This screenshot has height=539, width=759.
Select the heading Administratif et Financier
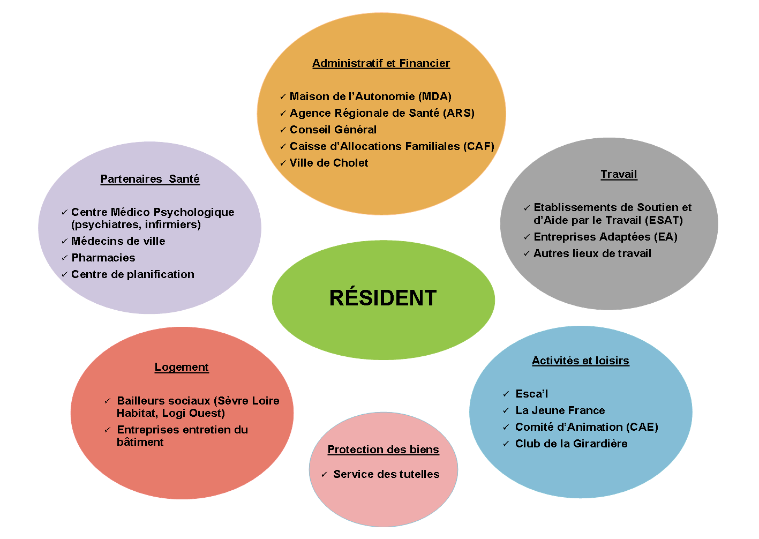pyautogui.click(x=381, y=63)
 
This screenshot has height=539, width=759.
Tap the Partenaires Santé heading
pyautogui.click(x=150, y=178)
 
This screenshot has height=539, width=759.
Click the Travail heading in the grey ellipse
pyautogui.click(x=619, y=174)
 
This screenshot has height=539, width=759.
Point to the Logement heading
pyautogui.click(x=182, y=367)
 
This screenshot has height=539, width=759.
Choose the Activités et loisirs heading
pyautogui.click(x=581, y=361)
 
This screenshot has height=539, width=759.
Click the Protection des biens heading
pyautogui.click(x=383, y=450)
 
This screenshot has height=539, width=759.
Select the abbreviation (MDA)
pyautogui.click(x=435, y=96)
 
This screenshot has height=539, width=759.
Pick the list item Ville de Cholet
pyautogui.click(x=329, y=163)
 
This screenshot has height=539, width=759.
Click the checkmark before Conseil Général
pyautogui.click(x=283, y=130)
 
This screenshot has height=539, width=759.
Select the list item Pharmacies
pyautogui.click(x=103, y=258)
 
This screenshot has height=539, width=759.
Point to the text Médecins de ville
pyautogui.click(x=118, y=241)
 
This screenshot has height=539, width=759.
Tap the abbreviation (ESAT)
pyautogui.click(x=664, y=220)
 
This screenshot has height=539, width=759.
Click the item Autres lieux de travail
pyautogui.click(x=592, y=253)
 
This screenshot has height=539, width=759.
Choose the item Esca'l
pyautogui.click(x=532, y=394)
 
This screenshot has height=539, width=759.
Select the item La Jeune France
pyautogui.click(x=560, y=410)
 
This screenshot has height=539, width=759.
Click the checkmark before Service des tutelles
pyautogui.click(x=324, y=474)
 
